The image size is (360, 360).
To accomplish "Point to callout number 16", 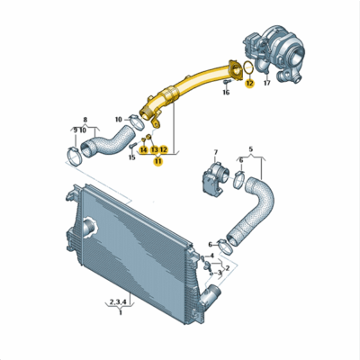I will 225,92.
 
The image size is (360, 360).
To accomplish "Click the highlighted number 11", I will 158,162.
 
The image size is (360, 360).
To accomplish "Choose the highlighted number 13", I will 154,149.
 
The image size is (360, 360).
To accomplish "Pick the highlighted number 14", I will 143,149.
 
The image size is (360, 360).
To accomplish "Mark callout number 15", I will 132,157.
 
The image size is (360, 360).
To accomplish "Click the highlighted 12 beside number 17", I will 249,83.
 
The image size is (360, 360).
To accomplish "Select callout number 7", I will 214,154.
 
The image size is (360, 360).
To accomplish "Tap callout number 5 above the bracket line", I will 251,148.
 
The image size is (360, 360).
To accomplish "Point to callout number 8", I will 85,119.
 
